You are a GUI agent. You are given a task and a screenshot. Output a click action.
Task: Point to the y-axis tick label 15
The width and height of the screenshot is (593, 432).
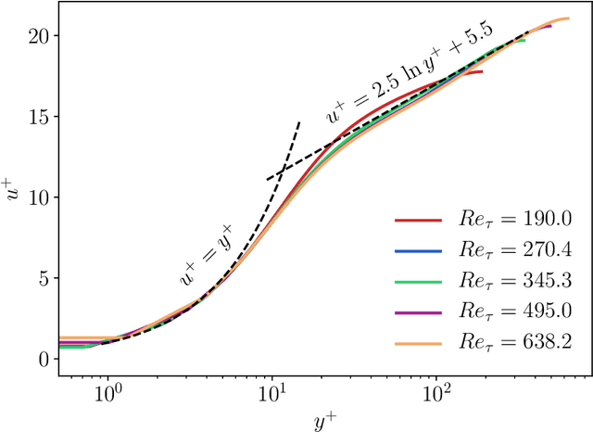coord(38,117)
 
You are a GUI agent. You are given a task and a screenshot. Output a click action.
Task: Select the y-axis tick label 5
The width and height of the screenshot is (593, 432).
coord(44,278)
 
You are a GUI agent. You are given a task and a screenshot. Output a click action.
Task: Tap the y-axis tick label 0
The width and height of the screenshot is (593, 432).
coord(44,359)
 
